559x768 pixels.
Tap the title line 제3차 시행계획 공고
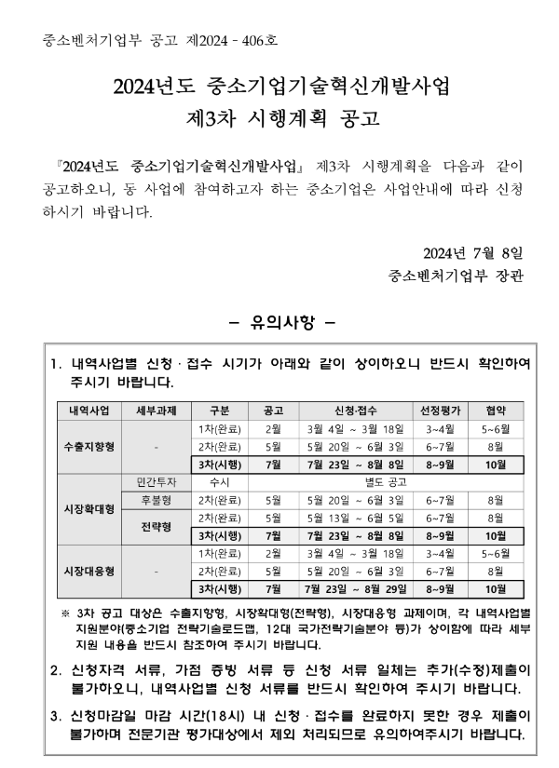[279, 121]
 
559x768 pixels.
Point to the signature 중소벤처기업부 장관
[457, 276]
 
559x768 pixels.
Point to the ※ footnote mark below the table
[65, 613]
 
